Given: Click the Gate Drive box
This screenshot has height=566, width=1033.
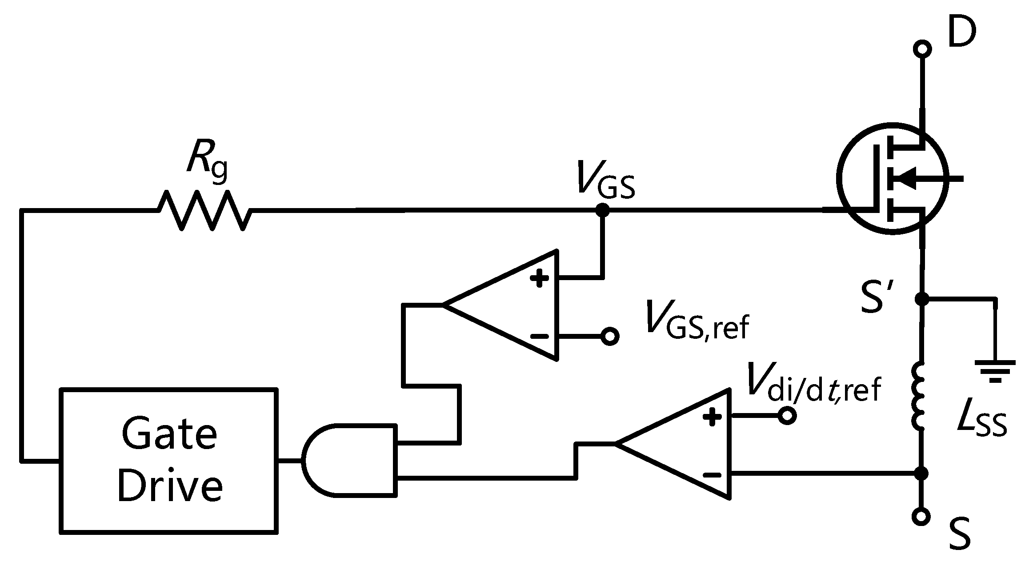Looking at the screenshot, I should (x=169, y=460).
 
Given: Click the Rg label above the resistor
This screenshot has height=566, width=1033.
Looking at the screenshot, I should (x=207, y=160).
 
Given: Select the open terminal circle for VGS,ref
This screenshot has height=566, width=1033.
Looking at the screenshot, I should (x=610, y=336).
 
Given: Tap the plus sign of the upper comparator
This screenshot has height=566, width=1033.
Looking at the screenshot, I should (x=539, y=279).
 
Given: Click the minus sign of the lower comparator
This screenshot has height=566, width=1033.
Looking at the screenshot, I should (x=712, y=474).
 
